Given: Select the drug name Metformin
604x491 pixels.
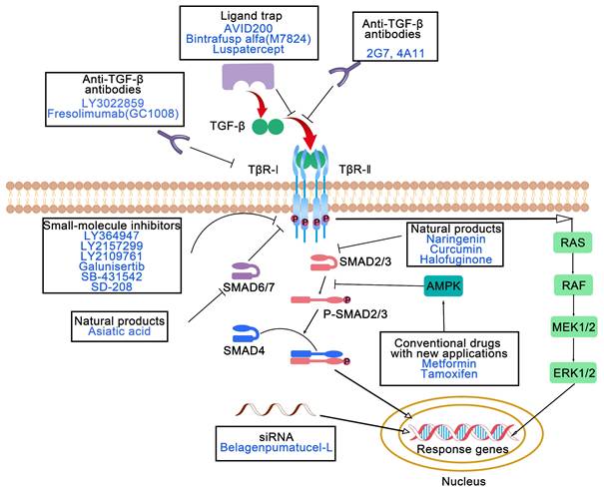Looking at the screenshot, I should [440, 363].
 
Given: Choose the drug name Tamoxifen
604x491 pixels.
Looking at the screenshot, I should [440, 376].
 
